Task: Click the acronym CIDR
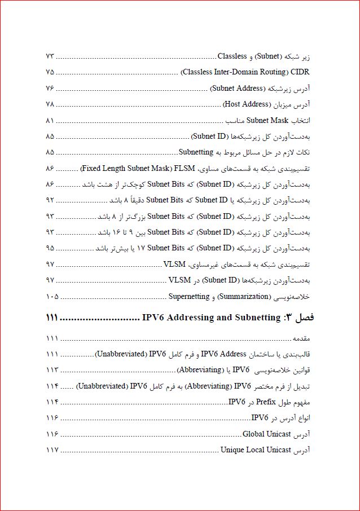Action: point(300,72)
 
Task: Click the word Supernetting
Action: point(189,296)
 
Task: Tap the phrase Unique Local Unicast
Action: point(256,450)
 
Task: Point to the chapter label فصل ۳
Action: point(301,318)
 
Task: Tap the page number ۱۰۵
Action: point(51,296)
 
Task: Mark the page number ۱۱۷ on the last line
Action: point(51,450)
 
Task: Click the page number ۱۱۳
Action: point(51,370)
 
